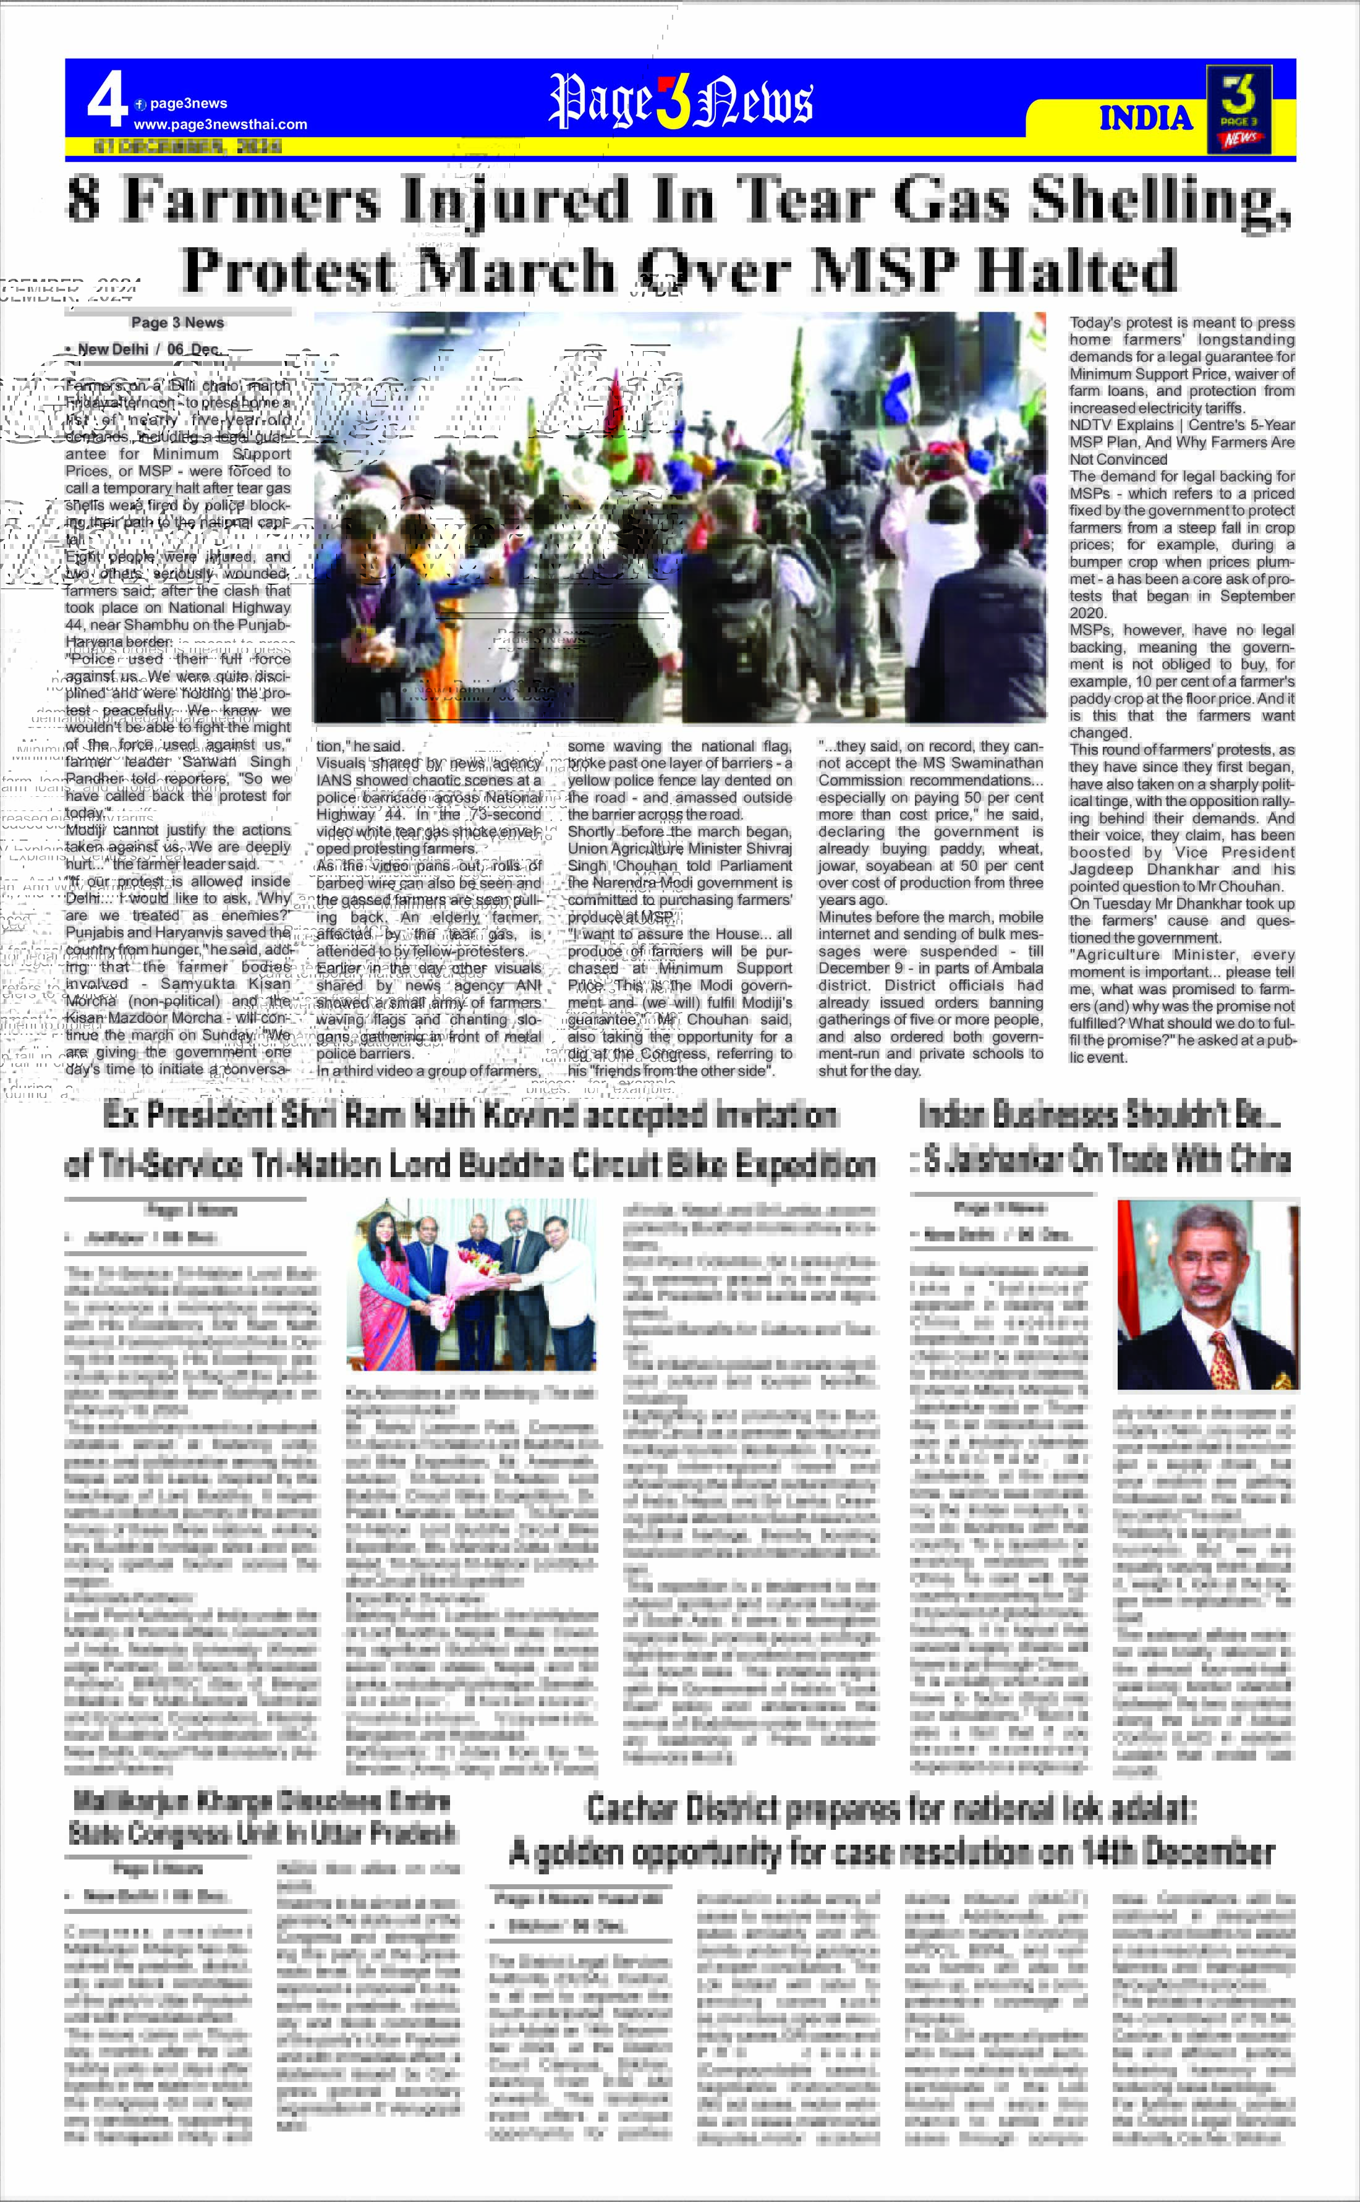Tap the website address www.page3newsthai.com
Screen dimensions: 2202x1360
[220, 124]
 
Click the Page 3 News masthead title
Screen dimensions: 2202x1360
[680, 101]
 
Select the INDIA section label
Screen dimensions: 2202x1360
[1145, 118]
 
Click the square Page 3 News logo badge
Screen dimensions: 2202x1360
[1239, 108]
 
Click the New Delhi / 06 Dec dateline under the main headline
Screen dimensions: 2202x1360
[142, 349]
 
